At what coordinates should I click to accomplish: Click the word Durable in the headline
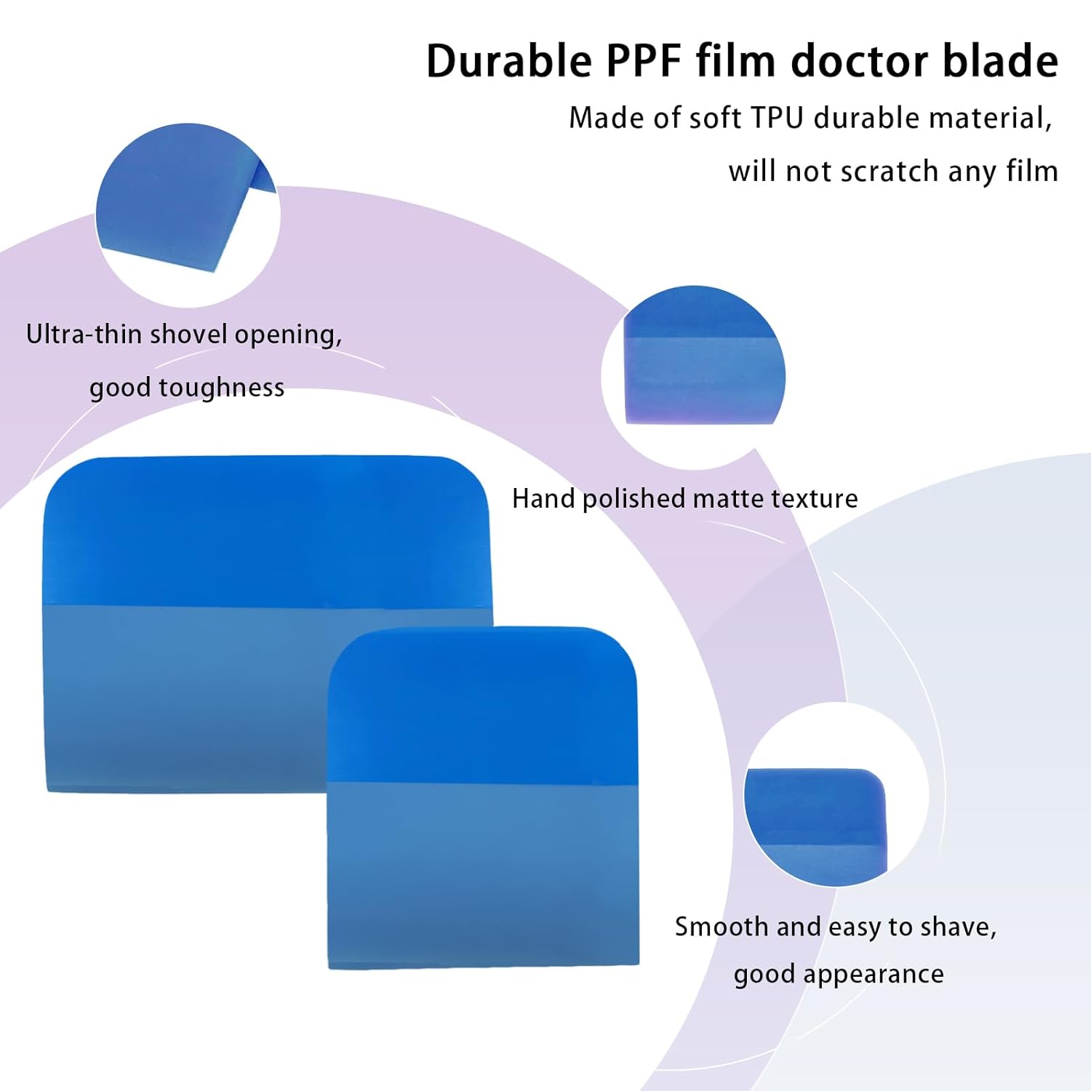[x=509, y=61]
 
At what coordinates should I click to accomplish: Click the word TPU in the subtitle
[x=778, y=119]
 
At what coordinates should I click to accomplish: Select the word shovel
[x=188, y=335]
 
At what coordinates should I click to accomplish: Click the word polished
[x=635, y=499]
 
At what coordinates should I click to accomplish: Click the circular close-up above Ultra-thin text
[x=188, y=215]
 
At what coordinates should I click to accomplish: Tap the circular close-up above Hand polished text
[x=694, y=377]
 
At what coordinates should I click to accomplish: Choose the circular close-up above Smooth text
[x=836, y=794]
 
